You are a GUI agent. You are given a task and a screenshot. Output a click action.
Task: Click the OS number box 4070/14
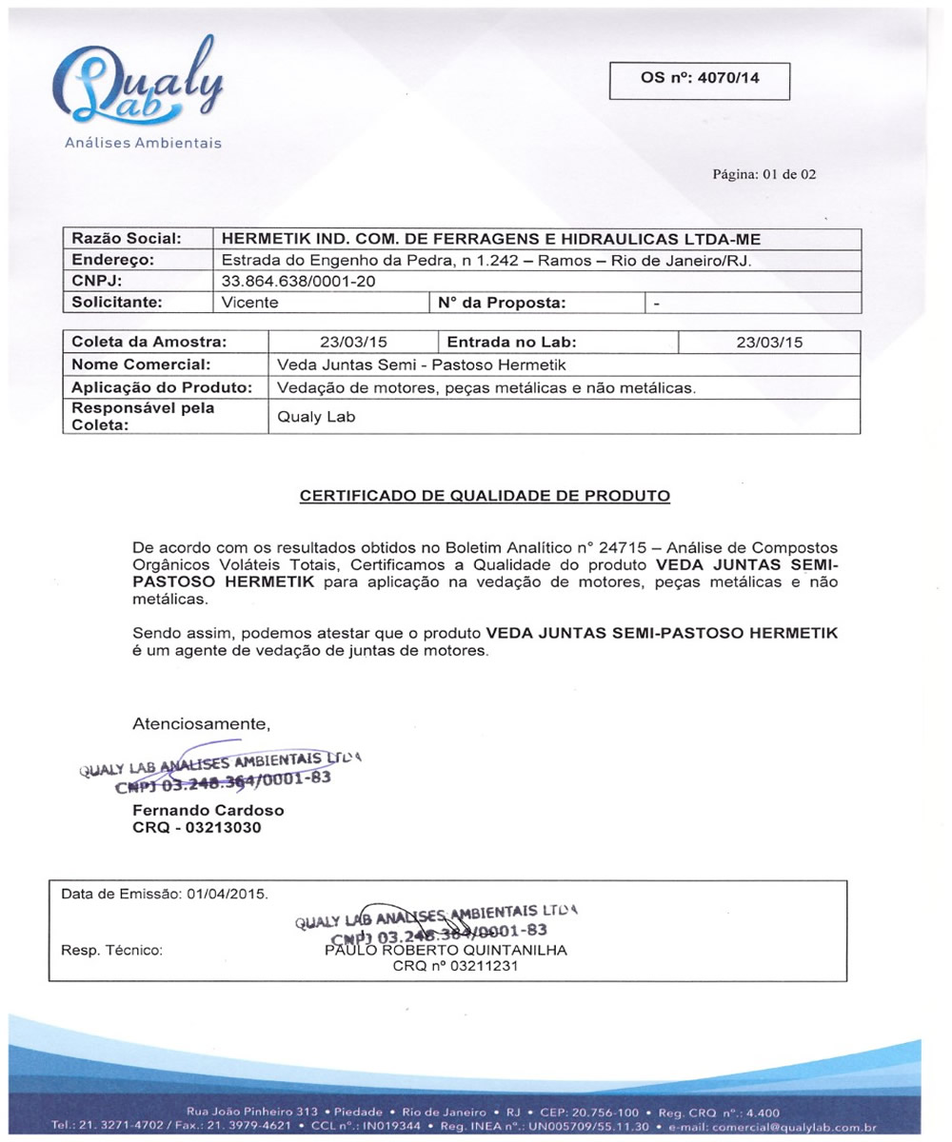point(700,79)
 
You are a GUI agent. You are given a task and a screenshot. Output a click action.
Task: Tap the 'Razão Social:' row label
point(119,239)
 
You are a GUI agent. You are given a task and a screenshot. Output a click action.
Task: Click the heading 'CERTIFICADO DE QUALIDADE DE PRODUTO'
point(486,496)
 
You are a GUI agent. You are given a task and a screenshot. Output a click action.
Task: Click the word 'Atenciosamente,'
point(202,724)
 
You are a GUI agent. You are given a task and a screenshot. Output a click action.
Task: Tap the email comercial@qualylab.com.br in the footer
point(795,1128)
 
